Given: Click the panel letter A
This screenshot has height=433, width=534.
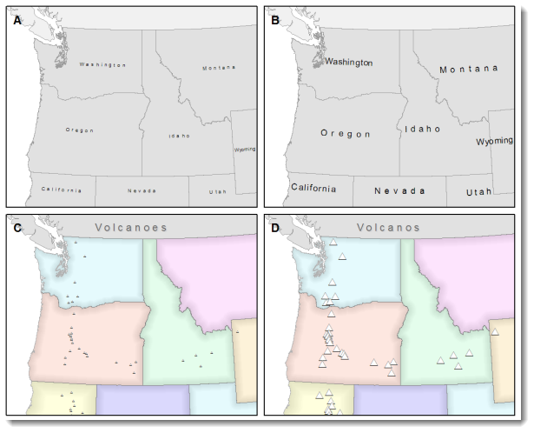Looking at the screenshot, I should (x=16, y=21).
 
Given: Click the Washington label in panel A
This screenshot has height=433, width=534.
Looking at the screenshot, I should (x=102, y=65).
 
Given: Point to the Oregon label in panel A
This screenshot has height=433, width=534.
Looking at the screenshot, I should (x=79, y=130).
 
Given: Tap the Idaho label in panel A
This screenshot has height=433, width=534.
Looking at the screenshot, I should (x=180, y=136).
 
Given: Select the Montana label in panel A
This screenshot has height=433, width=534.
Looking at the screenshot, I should (x=220, y=68).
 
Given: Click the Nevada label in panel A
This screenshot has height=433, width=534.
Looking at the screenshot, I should (x=142, y=190).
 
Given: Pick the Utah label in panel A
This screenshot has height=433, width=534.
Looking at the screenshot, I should (x=218, y=191).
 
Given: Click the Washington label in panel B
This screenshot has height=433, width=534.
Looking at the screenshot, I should (x=348, y=63).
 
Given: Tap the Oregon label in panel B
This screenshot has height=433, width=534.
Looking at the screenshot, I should (x=346, y=134).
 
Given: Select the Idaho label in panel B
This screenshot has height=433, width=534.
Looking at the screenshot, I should (x=422, y=129).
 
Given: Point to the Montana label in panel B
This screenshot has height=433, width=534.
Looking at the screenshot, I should (x=469, y=69).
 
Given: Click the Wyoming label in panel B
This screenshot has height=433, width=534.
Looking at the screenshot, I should (x=495, y=141).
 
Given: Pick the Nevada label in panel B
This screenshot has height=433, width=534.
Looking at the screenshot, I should (x=400, y=190).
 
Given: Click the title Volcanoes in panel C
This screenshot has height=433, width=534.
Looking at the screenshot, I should (x=129, y=228).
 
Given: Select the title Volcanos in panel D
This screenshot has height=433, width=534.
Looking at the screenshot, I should (x=388, y=228).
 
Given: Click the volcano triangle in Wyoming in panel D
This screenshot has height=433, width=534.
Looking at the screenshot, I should (x=495, y=332).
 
